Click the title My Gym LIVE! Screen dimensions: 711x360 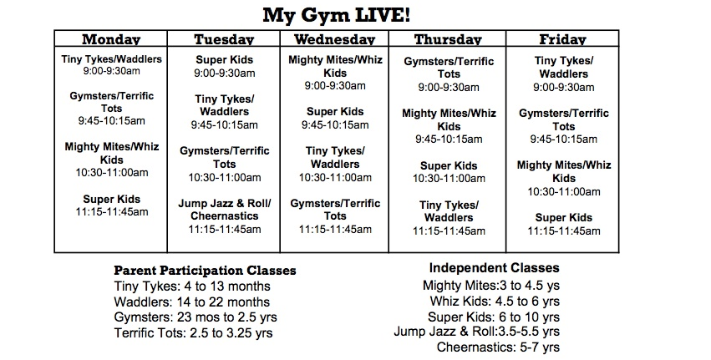click(337, 15)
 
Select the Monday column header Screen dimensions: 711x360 click(111, 39)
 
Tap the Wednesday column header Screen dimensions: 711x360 click(335, 39)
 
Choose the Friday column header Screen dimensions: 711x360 click(563, 39)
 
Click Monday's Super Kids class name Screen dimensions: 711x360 click(112, 199)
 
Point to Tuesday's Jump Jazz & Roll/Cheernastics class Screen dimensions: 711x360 click(225, 210)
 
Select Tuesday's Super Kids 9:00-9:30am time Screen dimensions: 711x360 click(225, 73)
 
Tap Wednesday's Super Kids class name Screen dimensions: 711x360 click(335, 112)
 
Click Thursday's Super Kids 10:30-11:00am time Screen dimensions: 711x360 click(449, 179)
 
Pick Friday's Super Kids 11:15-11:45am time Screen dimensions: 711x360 click(564, 231)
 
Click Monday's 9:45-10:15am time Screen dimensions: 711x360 click(112, 121)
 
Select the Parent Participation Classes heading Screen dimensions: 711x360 click(205, 271)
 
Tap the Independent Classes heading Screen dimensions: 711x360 click(495, 268)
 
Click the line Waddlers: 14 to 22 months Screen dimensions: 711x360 click(192, 302)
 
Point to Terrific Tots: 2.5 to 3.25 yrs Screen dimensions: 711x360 click(194, 333)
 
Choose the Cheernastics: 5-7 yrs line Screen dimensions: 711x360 click(498, 347)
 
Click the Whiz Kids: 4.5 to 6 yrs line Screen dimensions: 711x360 click(495, 302)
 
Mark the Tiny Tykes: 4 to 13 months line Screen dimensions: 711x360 click(192, 286)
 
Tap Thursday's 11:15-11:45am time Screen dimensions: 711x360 click(449, 231)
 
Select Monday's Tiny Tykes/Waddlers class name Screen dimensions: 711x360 click(112, 59)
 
